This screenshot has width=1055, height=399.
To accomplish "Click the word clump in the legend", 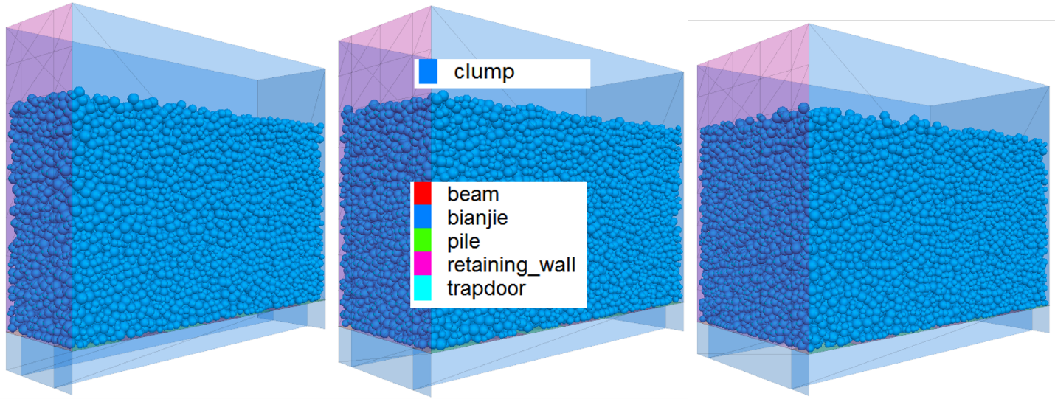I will pyautogui.click(x=484, y=72).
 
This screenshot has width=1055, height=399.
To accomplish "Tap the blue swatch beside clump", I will pyautogui.click(x=428, y=72).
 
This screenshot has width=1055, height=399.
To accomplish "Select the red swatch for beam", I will pyautogui.click(x=422, y=194).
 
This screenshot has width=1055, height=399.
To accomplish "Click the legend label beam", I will pyautogui.click(x=473, y=195).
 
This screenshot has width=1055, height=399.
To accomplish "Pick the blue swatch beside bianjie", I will pyautogui.click(x=422, y=218).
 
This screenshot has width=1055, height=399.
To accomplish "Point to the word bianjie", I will pyautogui.click(x=477, y=218).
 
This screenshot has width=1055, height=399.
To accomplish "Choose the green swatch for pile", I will pyautogui.click(x=422, y=241).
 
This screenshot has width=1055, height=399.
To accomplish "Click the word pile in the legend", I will pyautogui.click(x=463, y=241).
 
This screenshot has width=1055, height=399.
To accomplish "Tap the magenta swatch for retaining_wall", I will pyautogui.click(x=422, y=265).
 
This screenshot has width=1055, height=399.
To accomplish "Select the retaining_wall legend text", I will pyautogui.click(x=511, y=265).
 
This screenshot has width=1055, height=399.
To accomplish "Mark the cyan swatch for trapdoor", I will pyautogui.click(x=422, y=288).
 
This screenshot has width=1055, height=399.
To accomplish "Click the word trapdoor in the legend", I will pyautogui.click(x=486, y=288).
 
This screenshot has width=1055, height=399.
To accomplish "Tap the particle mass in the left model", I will pyautogui.click(x=184, y=221).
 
